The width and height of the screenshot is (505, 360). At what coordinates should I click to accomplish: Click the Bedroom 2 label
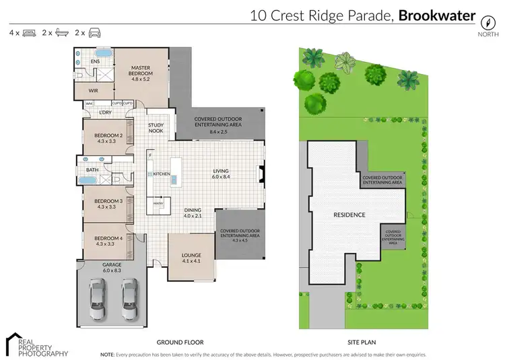[x=108, y=139]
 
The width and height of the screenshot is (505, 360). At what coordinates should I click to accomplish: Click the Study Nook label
[x=156, y=128]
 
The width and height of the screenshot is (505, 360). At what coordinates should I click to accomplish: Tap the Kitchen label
[x=161, y=174]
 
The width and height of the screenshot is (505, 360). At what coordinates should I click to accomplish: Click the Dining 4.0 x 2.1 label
[x=194, y=213]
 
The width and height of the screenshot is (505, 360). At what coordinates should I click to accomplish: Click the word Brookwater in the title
[x=437, y=15]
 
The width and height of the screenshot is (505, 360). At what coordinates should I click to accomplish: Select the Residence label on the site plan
[x=349, y=215]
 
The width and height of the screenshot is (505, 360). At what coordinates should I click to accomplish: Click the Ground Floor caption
[x=180, y=342]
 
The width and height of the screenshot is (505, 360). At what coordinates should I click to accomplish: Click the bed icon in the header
[x=28, y=32]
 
